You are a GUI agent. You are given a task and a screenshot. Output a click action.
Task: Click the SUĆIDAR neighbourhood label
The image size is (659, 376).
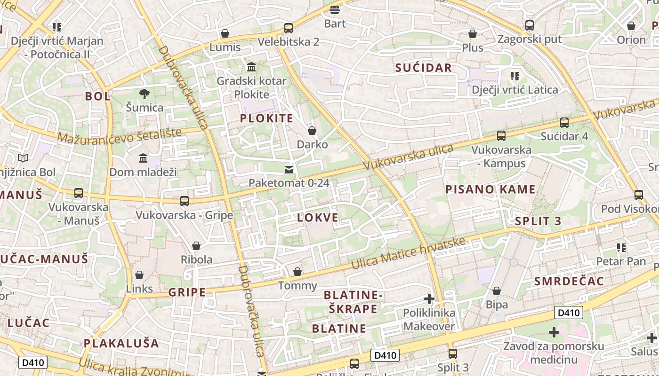pos(423,68)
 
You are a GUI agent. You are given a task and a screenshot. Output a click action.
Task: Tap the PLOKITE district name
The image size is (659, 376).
pos(266,118)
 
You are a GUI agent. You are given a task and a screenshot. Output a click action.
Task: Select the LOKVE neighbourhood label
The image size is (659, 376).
pos(318,218)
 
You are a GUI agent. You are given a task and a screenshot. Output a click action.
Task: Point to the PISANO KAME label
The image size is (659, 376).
pos(490,189)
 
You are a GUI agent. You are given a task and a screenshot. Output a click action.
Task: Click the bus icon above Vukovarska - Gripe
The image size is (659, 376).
pos(184,201)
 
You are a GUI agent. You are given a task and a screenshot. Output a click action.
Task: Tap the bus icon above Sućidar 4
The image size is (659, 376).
pos(564,123)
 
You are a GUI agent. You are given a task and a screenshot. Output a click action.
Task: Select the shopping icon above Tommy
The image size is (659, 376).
pos(297,272)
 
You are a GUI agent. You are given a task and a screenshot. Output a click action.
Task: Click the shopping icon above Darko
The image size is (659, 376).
pos(312,130)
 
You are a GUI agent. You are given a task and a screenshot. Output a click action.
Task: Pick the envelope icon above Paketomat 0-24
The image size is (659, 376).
pos(289,169)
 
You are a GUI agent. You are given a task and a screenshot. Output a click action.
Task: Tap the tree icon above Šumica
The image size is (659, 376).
pos(144,94)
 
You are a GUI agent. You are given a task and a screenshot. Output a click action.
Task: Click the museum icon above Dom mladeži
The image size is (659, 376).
pos(143,158)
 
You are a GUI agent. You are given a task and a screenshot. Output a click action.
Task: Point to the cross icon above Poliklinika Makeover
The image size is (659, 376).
pos(429,298)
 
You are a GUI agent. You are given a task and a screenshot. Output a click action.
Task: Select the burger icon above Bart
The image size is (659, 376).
pos(335,9)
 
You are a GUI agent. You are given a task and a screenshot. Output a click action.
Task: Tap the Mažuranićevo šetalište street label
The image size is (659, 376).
pos(120,136)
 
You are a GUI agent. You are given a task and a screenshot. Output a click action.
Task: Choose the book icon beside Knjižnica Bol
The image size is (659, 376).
pos(23,158)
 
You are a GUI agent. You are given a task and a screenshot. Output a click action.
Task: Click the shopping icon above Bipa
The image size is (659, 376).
pos(496,291)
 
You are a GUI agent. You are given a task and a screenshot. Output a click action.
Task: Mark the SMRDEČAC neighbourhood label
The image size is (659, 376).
pos(569,281)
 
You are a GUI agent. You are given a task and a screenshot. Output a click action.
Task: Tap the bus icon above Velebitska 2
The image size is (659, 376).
pos(288,28)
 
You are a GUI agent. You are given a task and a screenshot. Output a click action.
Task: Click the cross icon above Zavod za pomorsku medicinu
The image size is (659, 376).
pos(554,332)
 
